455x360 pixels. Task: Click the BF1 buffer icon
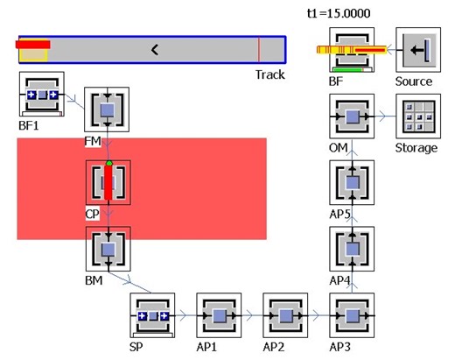41,94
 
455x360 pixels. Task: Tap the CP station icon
108,182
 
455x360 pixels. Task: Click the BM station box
108,250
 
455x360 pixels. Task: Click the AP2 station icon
283,315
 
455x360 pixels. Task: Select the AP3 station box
352,315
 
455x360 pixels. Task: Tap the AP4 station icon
352,250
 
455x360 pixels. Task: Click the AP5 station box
352,182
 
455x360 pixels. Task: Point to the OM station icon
352,116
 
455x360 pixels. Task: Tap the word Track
270,74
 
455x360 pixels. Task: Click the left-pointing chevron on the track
154,49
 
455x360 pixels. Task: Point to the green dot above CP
108,163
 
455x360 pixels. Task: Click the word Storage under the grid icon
416,148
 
